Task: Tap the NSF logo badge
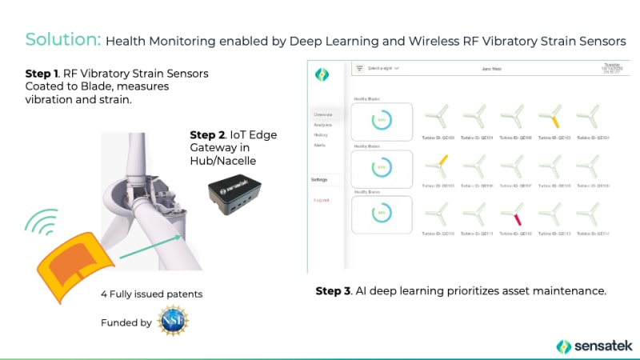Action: coord(172,322)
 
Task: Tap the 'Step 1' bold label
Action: coord(43,74)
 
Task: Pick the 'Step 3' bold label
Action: coord(333,291)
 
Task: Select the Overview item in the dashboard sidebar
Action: coord(323,114)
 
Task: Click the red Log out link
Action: coord(320,199)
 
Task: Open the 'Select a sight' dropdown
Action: coord(382,69)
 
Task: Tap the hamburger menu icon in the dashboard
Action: coord(359,69)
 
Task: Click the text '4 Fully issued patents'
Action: coord(152,294)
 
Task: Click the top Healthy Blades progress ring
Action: coord(382,122)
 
